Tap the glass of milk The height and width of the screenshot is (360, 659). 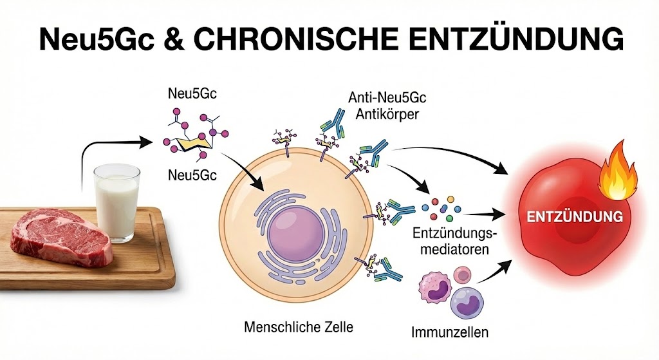click(x=117, y=203)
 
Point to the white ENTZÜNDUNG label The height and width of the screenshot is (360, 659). click(x=575, y=216)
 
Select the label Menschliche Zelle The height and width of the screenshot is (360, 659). click(x=299, y=327)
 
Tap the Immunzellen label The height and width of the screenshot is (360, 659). click(x=450, y=332)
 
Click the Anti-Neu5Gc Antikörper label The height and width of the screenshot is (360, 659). click(x=387, y=106)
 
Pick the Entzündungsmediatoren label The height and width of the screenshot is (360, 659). click(x=455, y=242)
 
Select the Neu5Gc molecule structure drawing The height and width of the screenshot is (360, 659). click(x=196, y=134)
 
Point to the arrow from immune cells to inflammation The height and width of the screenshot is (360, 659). click(x=495, y=272)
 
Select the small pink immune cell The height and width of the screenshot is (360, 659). click(x=463, y=276)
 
